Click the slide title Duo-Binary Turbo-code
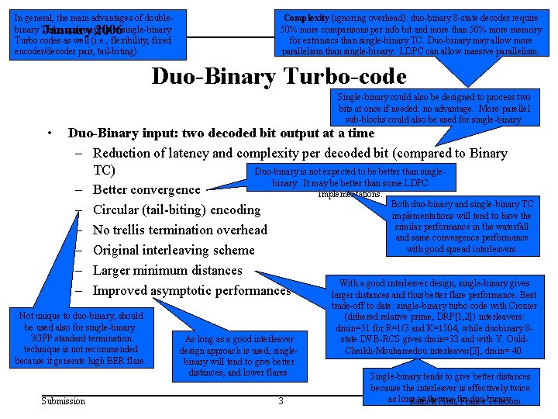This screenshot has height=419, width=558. [279, 77]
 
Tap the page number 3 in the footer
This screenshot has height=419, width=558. [281, 400]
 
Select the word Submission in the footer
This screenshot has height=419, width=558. [64, 400]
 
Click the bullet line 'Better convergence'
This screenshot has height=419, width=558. [146, 190]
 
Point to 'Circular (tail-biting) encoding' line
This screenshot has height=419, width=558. [177, 210]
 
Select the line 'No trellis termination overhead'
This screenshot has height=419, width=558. [180, 230]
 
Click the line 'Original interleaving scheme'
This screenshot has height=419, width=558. [174, 251]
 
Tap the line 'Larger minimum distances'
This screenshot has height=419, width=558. [167, 271]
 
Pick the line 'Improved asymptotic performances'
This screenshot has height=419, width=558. [191, 291]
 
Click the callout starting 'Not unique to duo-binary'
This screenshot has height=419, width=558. [81, 338]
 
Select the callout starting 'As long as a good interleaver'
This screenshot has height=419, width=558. [238, 356]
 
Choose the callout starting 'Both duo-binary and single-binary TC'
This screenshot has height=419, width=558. [462, 227]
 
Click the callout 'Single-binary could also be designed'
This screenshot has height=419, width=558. [433, 108]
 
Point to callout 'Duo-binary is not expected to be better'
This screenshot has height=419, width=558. [349, 177]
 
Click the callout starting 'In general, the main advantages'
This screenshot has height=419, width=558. [96, 34]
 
